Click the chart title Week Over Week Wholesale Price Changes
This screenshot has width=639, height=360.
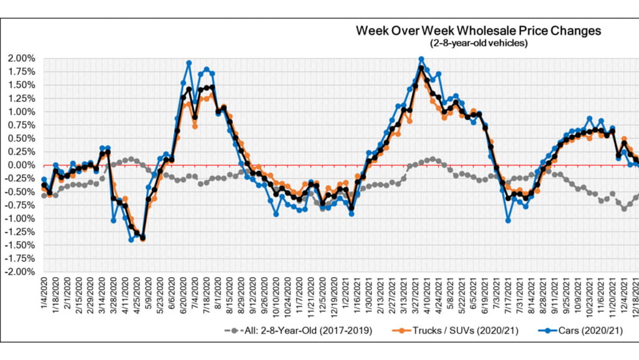(x=478, y=31)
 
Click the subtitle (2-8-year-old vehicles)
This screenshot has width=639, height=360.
(x=478, y=43)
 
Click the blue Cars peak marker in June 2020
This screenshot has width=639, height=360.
(x=189, y=63)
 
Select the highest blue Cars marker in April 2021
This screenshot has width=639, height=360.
(x=421, y=59)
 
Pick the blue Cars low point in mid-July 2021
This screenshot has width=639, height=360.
(x=508, y=220)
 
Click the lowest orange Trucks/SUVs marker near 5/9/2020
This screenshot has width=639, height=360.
(x=143, y=239)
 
